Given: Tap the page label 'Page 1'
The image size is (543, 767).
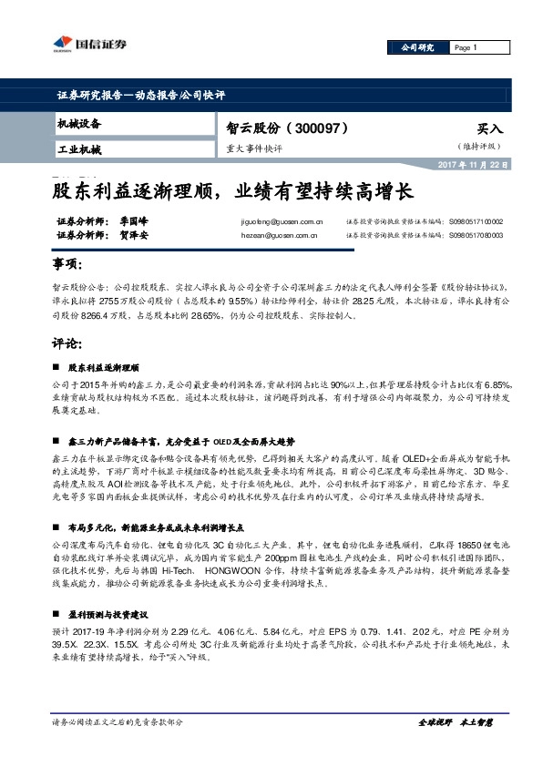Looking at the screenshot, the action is coord(466,47).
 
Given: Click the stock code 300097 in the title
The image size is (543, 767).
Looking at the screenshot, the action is coord(318,128).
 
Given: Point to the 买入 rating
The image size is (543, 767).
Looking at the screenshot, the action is coord(489,129).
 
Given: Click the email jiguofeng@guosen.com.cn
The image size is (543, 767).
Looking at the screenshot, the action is coord(282,221).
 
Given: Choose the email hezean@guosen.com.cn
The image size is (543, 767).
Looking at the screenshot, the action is coord(279,235).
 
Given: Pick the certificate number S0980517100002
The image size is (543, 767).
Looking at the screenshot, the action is coord(476,221).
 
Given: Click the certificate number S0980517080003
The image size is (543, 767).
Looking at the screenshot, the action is coord(476,235).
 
